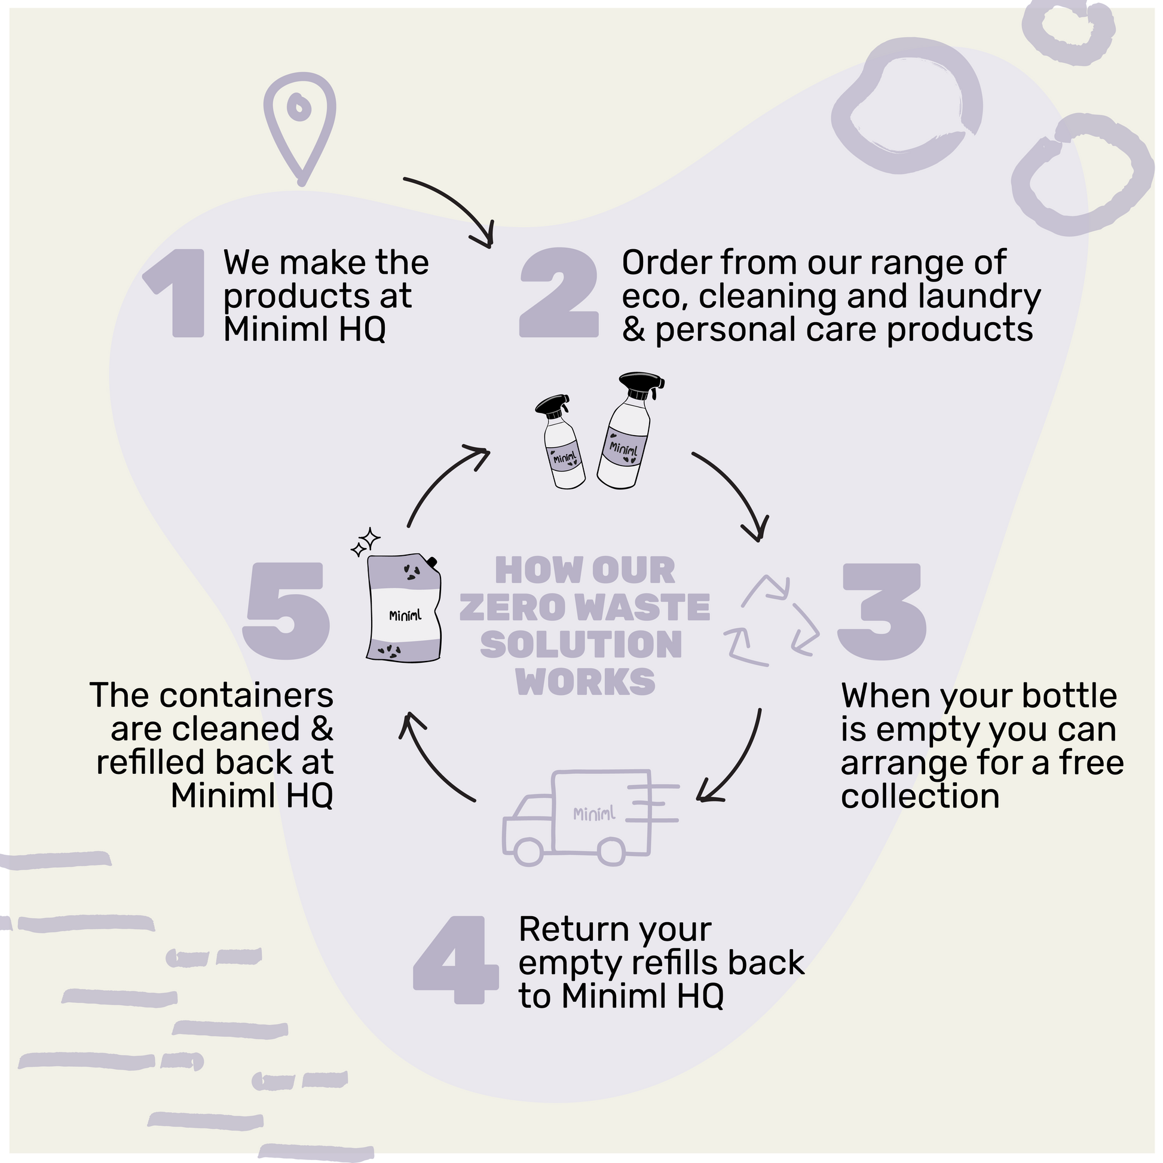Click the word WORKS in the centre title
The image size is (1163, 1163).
585,681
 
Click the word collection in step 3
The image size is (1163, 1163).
920,797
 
